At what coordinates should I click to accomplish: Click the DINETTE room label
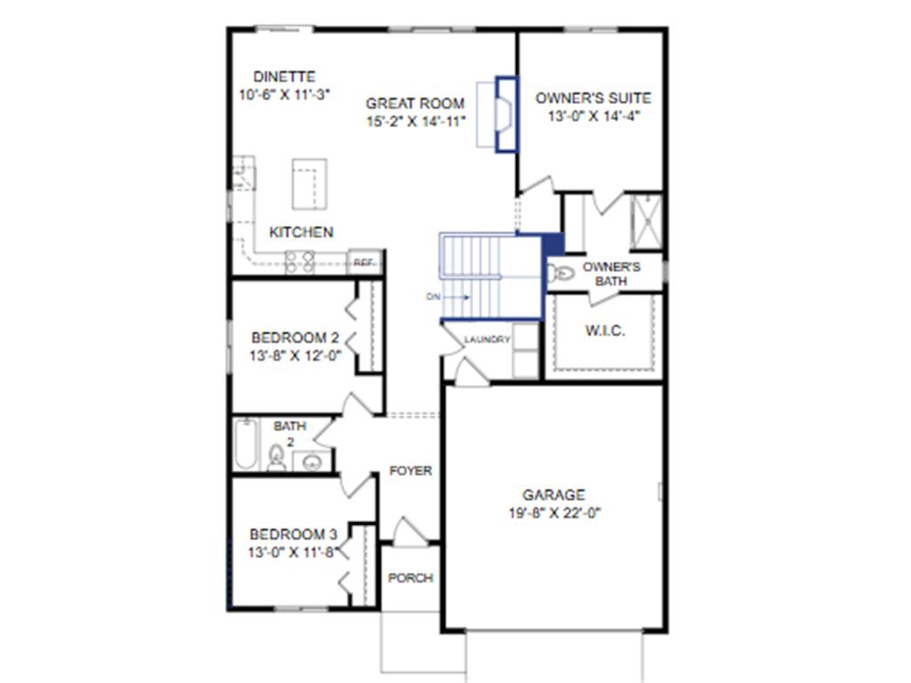tap(284, 77)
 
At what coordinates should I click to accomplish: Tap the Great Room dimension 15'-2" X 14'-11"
tap(417, 122)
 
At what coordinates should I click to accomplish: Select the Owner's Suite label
tap(593, 98)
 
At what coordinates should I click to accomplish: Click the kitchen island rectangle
tap(309, 184)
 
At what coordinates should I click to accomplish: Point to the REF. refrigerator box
tap(365, 262)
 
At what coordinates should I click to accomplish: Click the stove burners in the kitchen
tap(299, 261)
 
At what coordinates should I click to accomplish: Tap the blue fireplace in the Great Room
tap(505, 115)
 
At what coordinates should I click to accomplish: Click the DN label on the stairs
tap(433, 297)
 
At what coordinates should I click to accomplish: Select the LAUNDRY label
tap(488, 340)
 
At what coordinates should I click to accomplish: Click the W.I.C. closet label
tap(605, 331)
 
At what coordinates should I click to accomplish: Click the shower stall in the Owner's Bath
tap(646, 221)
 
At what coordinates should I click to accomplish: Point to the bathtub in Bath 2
tap(245, 445)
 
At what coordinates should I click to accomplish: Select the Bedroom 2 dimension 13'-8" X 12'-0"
tap(295, 356)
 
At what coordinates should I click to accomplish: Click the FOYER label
tap(411, 470)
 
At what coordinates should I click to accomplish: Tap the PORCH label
tap(411, 578)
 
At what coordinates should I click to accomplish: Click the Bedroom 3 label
tap(293, 534)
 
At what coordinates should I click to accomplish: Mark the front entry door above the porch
tap(410, 534)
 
